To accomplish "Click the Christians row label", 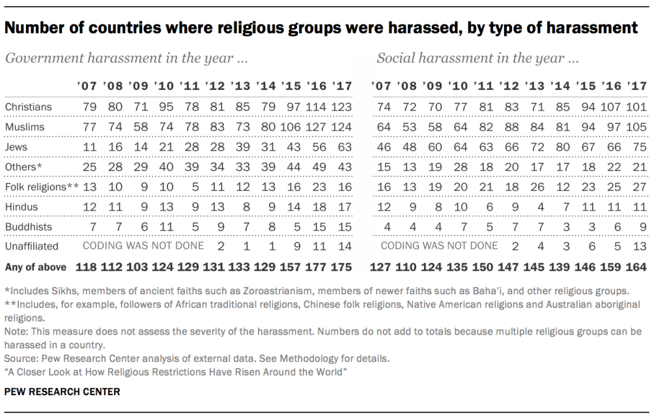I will tap(28, 107).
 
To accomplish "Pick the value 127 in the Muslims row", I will tap(315, 127).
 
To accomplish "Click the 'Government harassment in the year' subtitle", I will tap(126, 59).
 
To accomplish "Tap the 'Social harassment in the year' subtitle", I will tap(477, 59).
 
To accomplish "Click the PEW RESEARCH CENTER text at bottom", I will tap(62, 392).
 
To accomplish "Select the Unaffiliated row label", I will tap(31, 246).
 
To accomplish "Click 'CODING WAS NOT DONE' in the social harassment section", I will tap(439, 246).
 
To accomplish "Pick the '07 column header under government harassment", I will tap(87, 86).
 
